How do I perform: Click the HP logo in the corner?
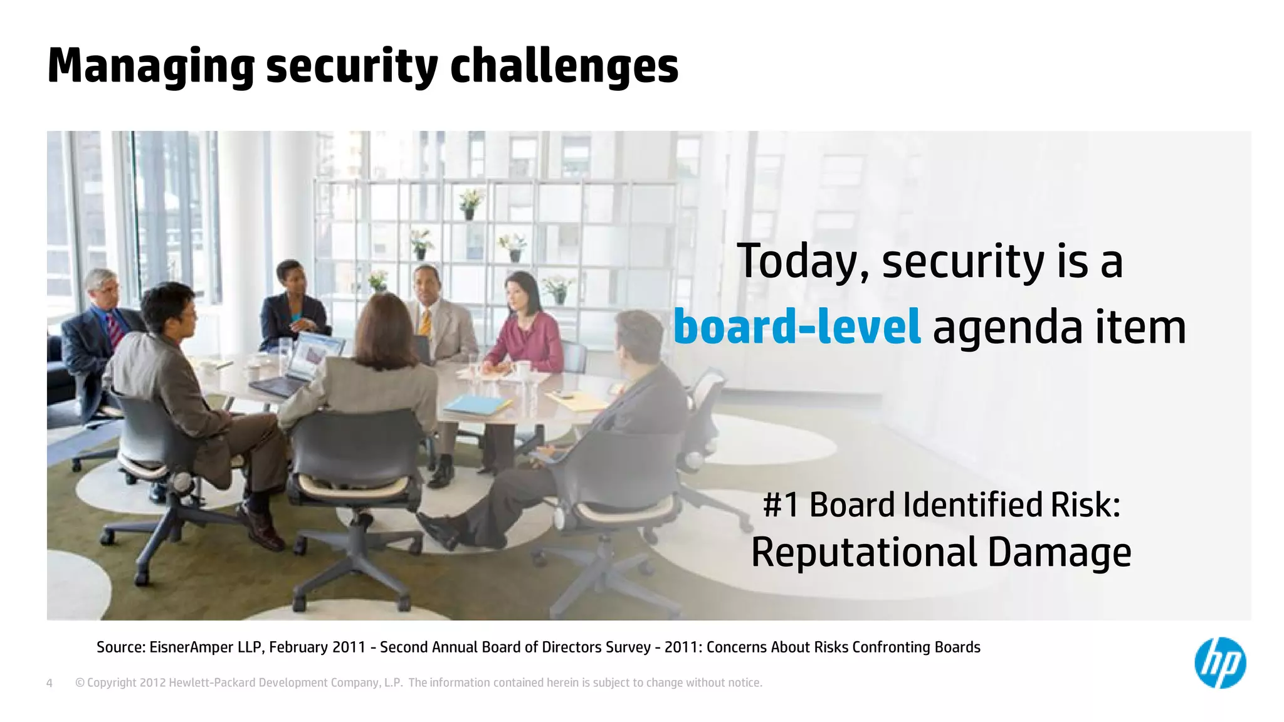point(1219,662)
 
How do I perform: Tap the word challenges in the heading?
point(564,67)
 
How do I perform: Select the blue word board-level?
point(797,327)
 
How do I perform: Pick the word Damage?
point(1060,552)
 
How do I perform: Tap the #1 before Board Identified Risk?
point(781,505)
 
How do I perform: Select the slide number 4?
point(50,683)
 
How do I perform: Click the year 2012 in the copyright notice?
point(153,683)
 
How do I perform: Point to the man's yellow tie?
point(426,323)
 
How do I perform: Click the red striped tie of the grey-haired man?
point(115,330)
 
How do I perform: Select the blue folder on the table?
point(476,404)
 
